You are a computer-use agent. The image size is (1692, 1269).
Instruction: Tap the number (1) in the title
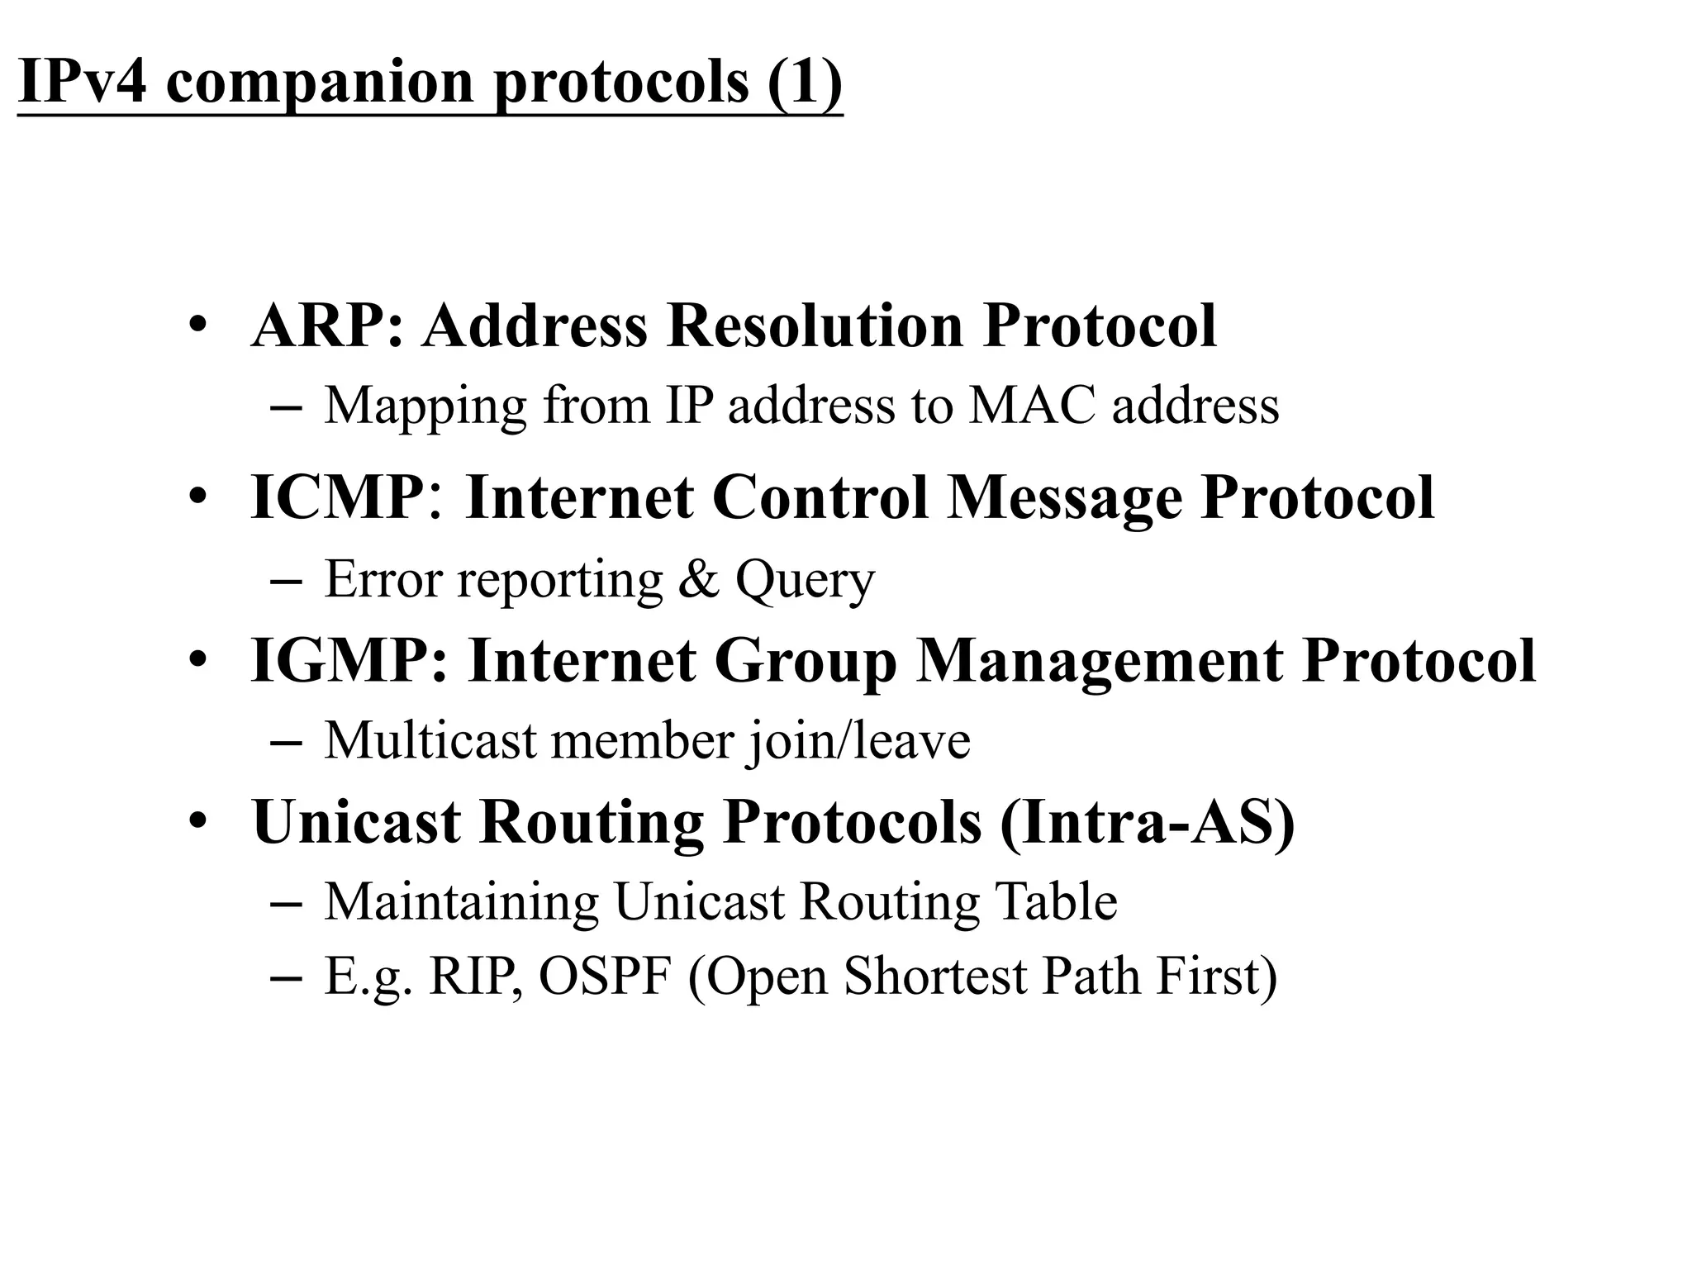click(x=805, y=81)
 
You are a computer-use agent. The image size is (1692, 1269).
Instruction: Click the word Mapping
click(x=425, y=406)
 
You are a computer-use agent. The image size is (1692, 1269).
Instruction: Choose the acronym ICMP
click(x=340, y=497)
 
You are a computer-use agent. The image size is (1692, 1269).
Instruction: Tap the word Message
click(x=1064, y=499)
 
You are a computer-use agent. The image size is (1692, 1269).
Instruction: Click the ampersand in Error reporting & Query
click(x=699, y=578)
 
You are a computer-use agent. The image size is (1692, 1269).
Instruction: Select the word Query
click(x=805, y=581)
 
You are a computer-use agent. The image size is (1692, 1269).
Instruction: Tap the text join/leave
click(x=858, y=741)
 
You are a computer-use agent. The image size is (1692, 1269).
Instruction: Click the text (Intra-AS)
click(x=1146, y=822)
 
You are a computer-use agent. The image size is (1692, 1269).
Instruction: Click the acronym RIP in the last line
click(x=475, y=976)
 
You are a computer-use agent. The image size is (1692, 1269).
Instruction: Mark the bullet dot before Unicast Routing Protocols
click(x=197, y=822)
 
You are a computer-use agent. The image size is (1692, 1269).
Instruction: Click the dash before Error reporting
click(x=285, y=580)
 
